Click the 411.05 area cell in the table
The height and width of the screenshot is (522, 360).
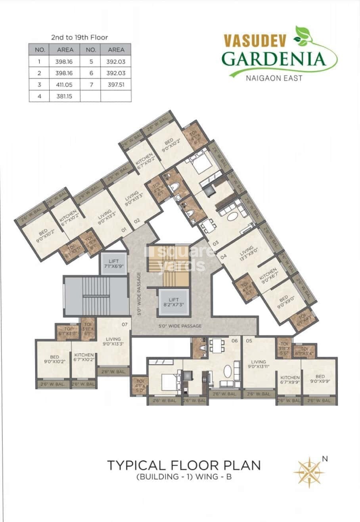[65, 84]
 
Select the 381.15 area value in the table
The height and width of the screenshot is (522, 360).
[65, 96]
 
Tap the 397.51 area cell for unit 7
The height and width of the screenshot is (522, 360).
[115, 84]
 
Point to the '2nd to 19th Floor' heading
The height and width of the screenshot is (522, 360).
[79, 37]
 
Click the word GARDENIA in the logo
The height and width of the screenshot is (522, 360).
[274, 59]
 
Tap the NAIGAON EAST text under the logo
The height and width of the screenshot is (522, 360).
[274, 78]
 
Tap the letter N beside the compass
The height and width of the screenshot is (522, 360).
[325, 459]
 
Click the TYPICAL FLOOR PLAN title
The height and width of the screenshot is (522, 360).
[184, 465]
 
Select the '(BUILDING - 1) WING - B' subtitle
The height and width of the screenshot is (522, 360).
[184, 477]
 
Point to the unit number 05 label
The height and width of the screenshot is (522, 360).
[249, 340]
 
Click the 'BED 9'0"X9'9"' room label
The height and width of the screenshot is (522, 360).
[320, 379]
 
